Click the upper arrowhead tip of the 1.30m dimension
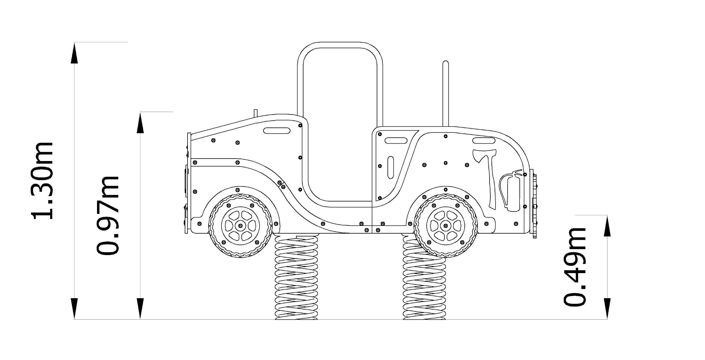pyautogui.click(x=74, y=43)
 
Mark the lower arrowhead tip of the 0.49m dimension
pyautogui.click(x=607, y=319)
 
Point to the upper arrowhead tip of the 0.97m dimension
pyautogui.click(x=140, y=112)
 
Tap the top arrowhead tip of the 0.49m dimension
pyautogui.click(x=607, y=215)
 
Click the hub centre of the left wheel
pyautogui.click(x=240, y=225)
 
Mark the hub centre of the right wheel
pyautogui.click(x=445, y=225)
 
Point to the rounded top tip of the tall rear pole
pyautogui.click(x=446, y=61)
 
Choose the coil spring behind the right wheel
pyautogui.click(x=424, y=278)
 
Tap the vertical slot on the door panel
pyautogui.click(x=391, y=167)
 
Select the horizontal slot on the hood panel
pyautogui.click(x=277, y=131)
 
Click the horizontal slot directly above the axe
pyautogui.click(x=483, y=141)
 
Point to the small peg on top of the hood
pyautogui.click(x=256, y=113)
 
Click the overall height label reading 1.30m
pyautogui.click(x=42, y=181)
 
